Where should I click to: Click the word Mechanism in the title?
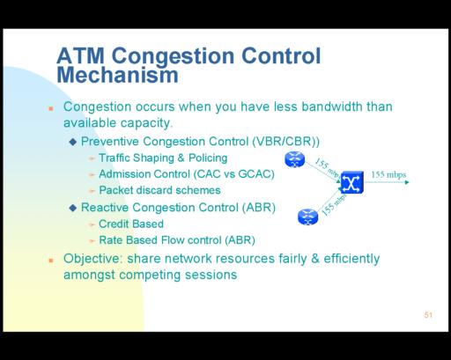tap(117, 75)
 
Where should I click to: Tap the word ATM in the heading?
tap(80, 55)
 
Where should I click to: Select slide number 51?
tap(428, 315)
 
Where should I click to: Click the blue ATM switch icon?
tap(352, 182)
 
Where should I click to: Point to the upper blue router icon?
tap(295, 159)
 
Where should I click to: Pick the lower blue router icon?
tap(307, 217)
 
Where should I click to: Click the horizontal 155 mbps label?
tap(388, 175)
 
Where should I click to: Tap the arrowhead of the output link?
tap(407, 182)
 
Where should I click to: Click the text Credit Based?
tap(131, 224)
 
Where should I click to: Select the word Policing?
tap(208, 158)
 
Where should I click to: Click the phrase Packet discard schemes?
tap(159, 190)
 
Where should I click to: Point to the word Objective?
tap(92, 259)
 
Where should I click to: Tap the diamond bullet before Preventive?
tap(73, 142)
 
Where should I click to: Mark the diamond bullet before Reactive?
tap(73, 208)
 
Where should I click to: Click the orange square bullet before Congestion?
tap(51, 109)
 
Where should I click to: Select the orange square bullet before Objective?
tap(51, 261)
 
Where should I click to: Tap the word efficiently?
tap(351, 259)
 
